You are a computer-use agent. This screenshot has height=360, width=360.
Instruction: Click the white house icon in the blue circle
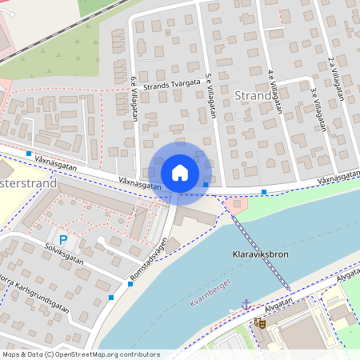click(x=180, y=172)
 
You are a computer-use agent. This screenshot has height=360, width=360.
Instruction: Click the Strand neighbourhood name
click(x=254, y=97)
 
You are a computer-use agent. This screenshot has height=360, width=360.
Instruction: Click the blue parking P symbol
click(x=63, y=239)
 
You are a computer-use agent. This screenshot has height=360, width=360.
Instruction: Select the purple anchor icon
click(x=246, y=305)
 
